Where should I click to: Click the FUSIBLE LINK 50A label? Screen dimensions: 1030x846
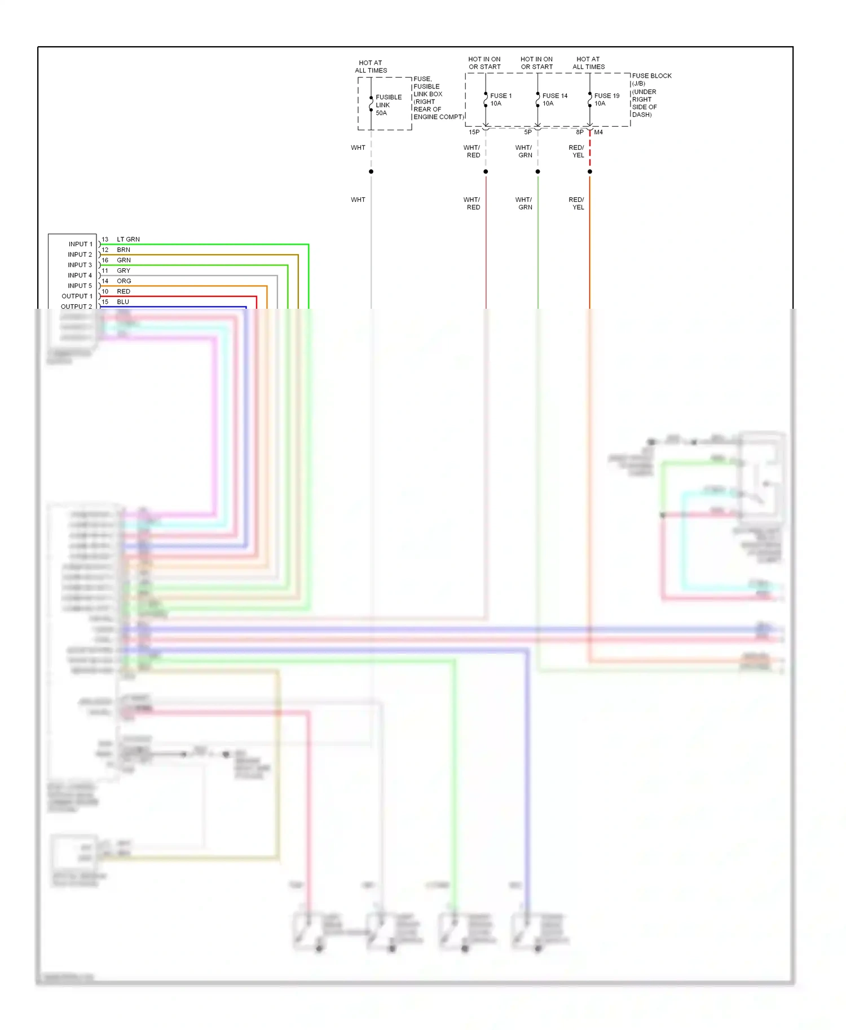[388, 105]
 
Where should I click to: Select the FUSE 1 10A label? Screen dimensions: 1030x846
[500, 100]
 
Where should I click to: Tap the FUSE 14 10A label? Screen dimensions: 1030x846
[554, 100]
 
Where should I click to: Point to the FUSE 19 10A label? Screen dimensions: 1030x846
[606, 100]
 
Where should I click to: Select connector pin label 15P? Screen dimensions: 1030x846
[474, 132]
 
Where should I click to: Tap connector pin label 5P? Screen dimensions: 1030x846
[527, 132]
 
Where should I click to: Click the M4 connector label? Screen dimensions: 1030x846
[598, 132]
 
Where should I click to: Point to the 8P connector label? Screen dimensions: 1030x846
[579, 132]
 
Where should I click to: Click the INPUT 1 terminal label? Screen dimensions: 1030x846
[80, 244]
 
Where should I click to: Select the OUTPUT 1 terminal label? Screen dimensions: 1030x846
[77, 296]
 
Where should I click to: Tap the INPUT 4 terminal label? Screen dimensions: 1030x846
[80, 276]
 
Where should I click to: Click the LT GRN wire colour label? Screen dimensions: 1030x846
[128, 239]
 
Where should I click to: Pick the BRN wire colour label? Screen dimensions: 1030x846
[124, 250]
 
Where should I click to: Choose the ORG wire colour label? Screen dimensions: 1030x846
[124, 281]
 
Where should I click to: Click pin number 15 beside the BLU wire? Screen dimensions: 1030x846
[105, 302]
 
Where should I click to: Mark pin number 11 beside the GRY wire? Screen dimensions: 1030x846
[105, 271]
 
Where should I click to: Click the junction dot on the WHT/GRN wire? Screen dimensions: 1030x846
[537, 171]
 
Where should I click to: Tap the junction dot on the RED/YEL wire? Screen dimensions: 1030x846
[589, 171]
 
